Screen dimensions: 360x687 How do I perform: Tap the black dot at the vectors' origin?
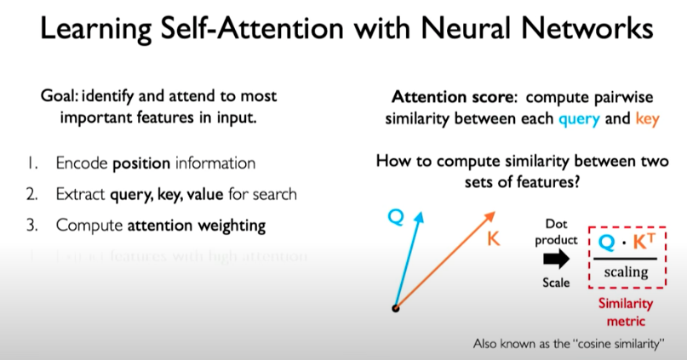pos(395,308)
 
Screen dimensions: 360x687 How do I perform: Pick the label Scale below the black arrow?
pos(556,283)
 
